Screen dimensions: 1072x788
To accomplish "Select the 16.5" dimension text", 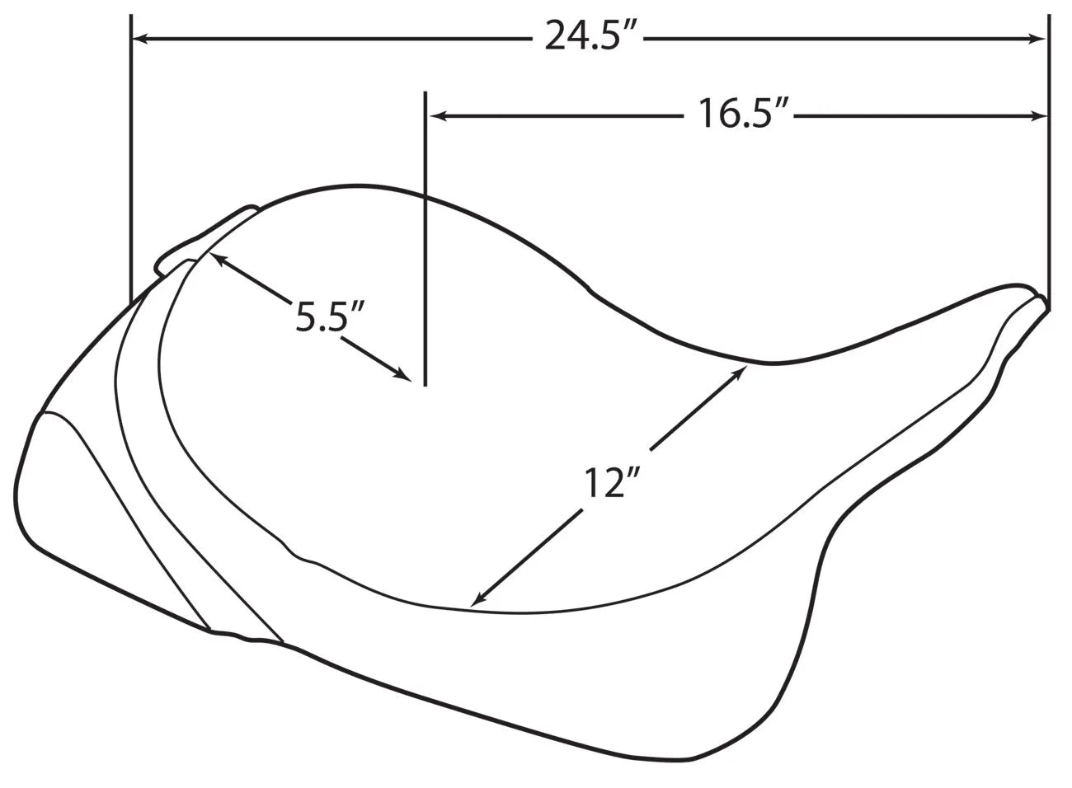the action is click(743, 113).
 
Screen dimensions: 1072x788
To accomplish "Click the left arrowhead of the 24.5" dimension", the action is click(139, 39).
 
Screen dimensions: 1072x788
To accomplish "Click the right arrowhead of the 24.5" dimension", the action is click(1038, 39).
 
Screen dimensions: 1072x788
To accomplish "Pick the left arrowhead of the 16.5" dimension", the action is click(439, 115).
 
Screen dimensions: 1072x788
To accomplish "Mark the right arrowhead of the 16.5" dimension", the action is click(1038, 115).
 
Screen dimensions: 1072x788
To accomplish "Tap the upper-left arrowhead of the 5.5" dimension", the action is click(219, 260).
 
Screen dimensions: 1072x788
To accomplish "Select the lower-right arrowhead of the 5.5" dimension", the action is click(403, 374).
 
